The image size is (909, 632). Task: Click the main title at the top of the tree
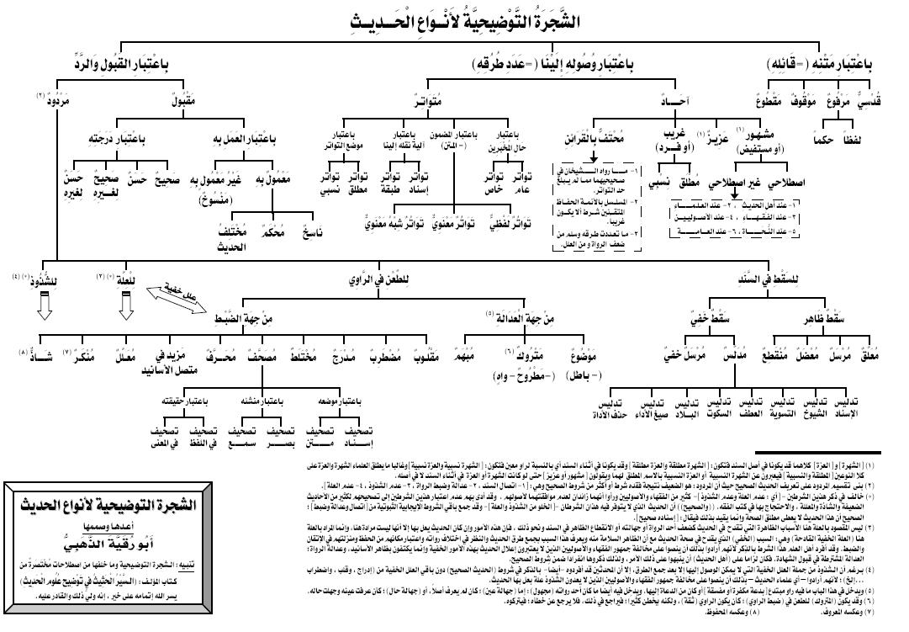[454, 19]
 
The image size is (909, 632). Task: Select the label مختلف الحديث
[224, 231]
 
